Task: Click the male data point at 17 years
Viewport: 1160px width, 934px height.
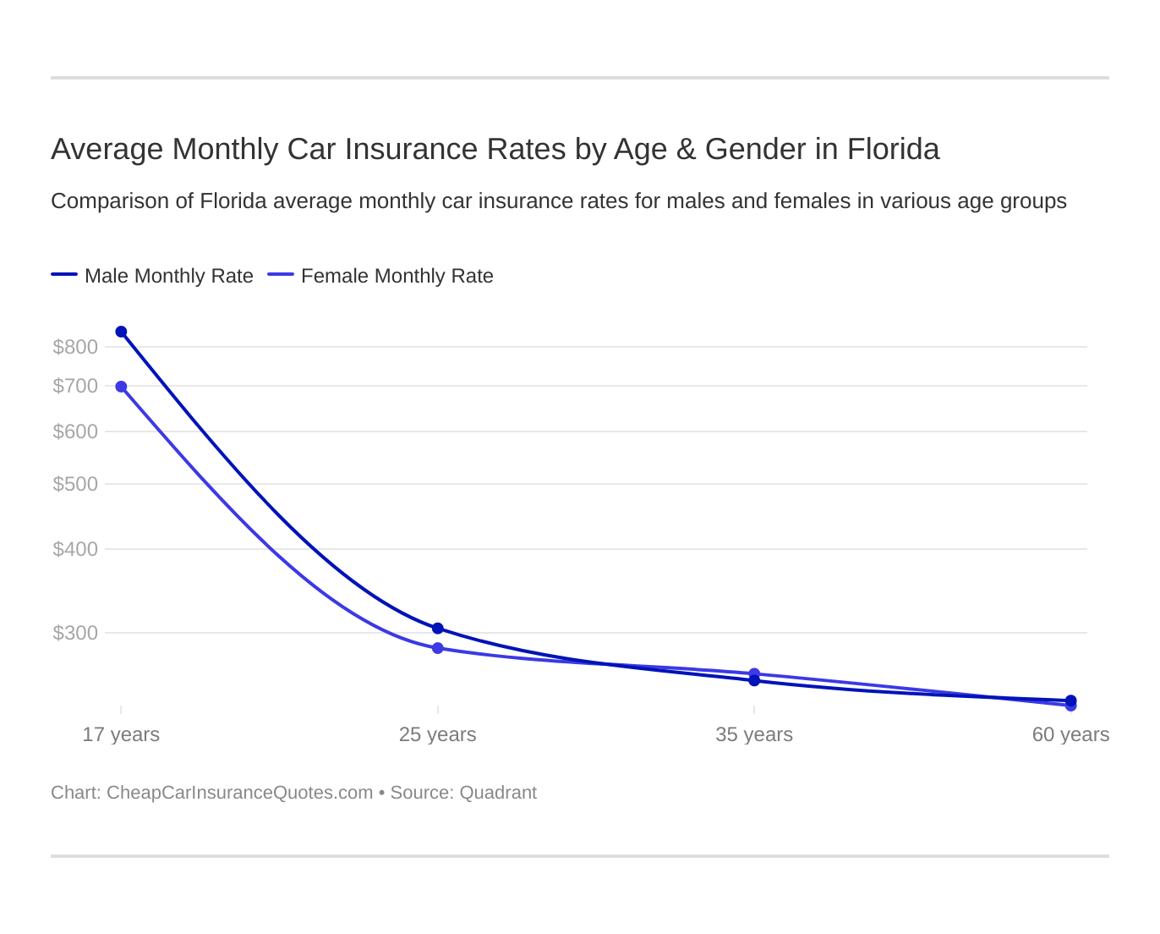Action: click(x=121, y=332)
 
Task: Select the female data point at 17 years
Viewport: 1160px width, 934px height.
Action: click(x=121, y=387)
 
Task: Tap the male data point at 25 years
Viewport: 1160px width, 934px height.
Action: click(x=438, y=629)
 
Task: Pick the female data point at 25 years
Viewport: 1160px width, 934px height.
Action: click(x=438, y=648)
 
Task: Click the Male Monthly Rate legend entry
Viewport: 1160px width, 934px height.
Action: click(x=153, y=276)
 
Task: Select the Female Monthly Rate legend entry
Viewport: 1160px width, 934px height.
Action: click(x=381, y=276)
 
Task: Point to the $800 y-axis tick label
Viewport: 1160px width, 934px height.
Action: click(x=75, y=347)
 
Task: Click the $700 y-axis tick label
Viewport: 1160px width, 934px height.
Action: click(x=75, y=386)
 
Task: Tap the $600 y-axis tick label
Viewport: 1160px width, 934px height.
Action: click(x=75, y=431)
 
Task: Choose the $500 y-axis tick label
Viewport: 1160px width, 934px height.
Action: click(x=75, y=484)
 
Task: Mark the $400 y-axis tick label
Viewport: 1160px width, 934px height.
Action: click(x=75, y=549)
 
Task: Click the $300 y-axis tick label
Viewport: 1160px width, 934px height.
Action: click(x=75, y=633)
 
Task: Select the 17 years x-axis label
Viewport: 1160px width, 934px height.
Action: click(x=121, y=734)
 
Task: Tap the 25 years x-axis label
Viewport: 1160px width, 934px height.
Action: click(x=438, y=734)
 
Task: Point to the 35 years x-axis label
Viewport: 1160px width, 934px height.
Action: click(x=754, y=734)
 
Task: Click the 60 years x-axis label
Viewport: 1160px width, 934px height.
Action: click(x=1070, y=734)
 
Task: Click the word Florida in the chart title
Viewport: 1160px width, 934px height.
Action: click(x=893, y=149)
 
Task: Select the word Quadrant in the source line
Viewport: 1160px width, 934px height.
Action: click(x=498, y=793)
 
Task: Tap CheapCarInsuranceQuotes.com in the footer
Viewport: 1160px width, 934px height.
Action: click(x=239, y=793)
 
